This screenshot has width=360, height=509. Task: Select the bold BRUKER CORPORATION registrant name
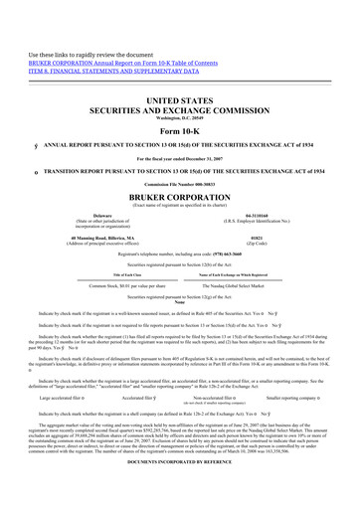(179, 195)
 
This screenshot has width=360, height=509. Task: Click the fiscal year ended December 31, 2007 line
(179, 159)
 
